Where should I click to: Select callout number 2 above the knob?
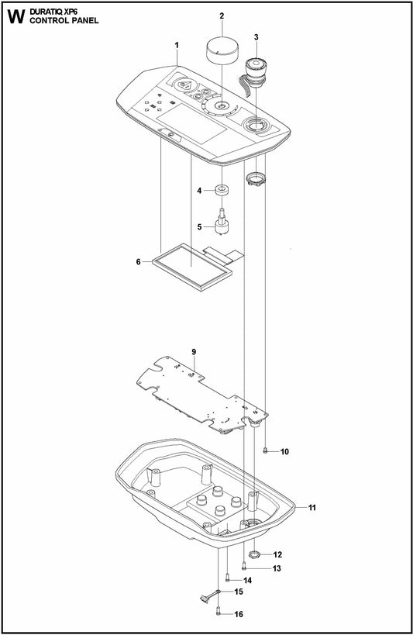[x=222, y=16]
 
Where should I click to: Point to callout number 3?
[x=256, y=36]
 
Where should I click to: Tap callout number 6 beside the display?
[x=138, y=262]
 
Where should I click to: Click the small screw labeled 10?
[x=266, y=450]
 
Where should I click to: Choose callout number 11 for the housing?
[x=312, y=508]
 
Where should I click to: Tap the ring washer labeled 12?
[x=256, y=554]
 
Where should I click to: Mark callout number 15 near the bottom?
[x=239, y=592]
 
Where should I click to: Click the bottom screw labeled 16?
[x=219, y=613]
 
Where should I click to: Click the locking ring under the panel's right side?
[x=256, y=181]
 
